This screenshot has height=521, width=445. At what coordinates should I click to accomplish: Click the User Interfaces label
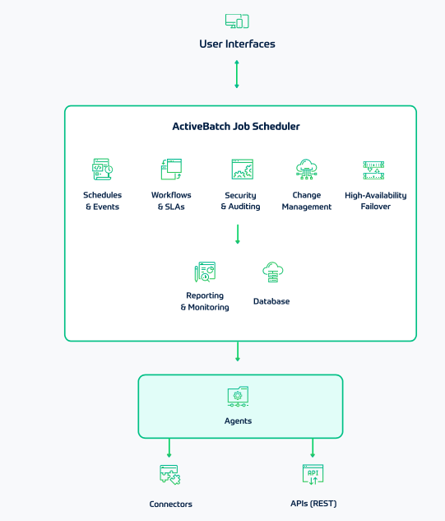click(x=237, y=44)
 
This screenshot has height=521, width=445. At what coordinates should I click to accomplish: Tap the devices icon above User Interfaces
click(x=237, y=21)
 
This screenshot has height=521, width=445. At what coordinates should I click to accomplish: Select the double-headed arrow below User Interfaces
click(x=237, y=74)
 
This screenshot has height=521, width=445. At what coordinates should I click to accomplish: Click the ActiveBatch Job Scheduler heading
click(x=236, y=127)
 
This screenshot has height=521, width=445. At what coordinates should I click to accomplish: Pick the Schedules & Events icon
click(x=102, y=170)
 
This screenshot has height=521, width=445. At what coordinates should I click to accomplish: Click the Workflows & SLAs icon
click(x=171, y=170)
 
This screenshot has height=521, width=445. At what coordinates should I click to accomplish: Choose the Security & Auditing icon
click(x=242, y=170)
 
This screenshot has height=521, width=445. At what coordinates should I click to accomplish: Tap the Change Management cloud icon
click(x=307, y=170)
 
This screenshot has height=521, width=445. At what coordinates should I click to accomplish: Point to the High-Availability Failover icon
click(x=375, y=170)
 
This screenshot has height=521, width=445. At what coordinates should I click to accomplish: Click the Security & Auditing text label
click(x=241, y=201)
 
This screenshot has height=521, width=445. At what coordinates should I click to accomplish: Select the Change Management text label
click(x=307, y=201)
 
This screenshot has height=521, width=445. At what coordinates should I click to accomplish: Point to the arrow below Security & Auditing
click(x=238, y=234)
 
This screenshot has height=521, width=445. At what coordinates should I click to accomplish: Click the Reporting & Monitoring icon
click(x=205, y=272)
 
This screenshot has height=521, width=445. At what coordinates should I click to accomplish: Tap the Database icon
click(x=272, y=272)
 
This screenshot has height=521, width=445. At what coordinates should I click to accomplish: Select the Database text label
click(x=271, y=301)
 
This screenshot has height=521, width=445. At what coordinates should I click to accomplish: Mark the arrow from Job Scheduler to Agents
click(x=238, y=351)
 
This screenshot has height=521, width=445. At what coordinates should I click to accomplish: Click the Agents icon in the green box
click(x=239, y=396)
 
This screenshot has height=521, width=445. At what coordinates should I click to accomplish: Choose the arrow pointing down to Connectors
click(x=169, y=448)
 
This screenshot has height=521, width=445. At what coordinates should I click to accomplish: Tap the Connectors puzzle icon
click(x=170, y=475)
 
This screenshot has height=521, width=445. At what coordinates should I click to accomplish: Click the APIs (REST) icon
click(x=313, y=474)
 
